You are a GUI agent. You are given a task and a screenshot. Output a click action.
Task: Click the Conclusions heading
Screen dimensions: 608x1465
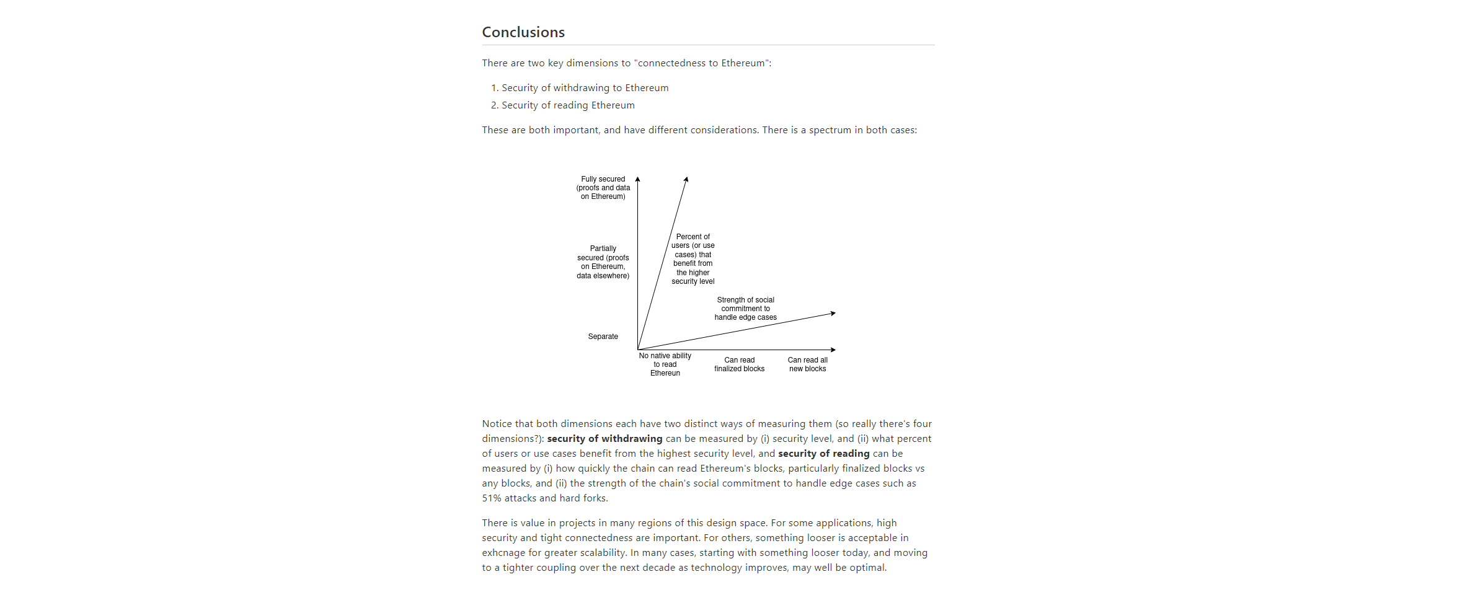point(523,32)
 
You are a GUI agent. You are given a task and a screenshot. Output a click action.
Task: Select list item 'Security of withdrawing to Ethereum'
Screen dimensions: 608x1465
point(585,88)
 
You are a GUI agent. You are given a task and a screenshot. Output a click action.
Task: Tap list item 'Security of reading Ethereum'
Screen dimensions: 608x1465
point(568,105)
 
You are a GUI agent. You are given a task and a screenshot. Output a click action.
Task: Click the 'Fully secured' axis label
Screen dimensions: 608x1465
point(603,188)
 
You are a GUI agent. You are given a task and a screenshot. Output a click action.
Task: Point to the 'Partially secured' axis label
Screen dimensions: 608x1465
point(603,262)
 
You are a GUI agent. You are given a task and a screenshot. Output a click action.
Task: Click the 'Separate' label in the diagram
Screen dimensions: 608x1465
point(603,337)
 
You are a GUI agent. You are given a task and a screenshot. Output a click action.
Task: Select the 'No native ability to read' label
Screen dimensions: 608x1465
point(665,364)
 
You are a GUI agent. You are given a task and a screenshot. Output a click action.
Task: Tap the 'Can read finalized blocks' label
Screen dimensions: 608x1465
point(739,364)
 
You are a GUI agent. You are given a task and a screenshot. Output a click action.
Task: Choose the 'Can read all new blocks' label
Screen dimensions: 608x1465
point(807,364)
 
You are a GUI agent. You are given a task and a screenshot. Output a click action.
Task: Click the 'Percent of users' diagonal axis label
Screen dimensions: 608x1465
point(693,259)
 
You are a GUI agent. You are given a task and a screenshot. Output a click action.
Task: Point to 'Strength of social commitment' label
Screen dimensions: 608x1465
point(745,309)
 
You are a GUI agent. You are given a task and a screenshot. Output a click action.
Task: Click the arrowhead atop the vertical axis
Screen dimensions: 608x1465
point(637,179)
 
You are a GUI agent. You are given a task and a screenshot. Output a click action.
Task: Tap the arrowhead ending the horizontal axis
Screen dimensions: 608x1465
point(833,350)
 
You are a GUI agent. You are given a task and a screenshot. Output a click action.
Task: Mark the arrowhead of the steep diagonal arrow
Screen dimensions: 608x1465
point(686,180)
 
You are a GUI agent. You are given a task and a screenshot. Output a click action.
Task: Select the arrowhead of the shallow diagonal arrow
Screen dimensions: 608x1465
point(833,314)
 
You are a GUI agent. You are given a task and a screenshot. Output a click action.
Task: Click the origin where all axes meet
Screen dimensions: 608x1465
point(638,350)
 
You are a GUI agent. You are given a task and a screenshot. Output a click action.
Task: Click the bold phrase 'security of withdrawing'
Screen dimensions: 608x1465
point(604,439)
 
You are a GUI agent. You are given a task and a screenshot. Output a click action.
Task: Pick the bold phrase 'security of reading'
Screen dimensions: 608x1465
point(823,454)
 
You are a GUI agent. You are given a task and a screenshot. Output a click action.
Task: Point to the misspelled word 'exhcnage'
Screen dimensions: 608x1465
point(502,553)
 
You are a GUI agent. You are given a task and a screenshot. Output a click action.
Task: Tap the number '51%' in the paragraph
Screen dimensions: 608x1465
point(492,498)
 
